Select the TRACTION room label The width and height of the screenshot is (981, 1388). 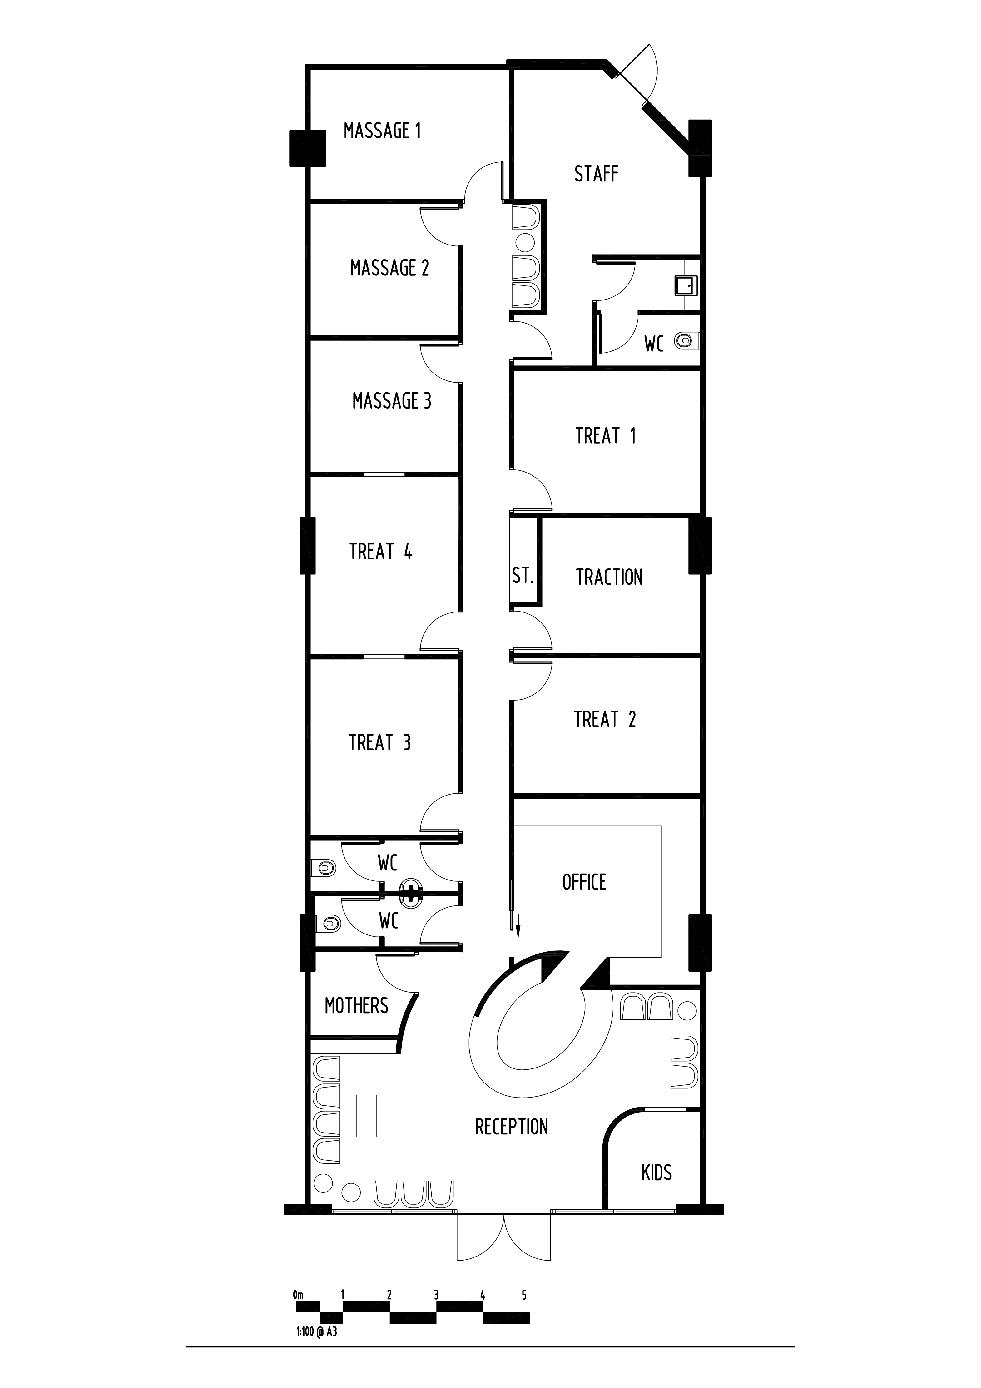pos(609,577)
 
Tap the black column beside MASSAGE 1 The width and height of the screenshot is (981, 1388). pos(308,148)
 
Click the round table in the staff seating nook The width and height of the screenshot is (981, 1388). pos(525,243)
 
